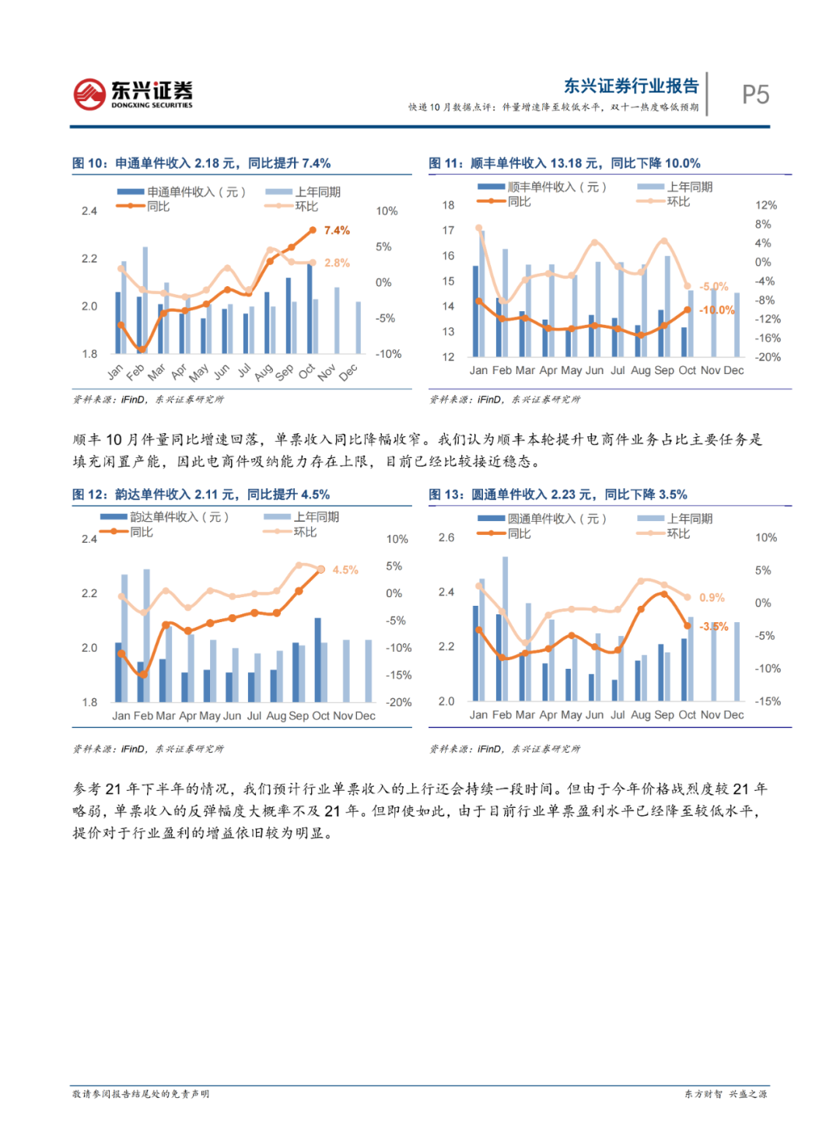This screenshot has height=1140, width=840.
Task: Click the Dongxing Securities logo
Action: point(133,94)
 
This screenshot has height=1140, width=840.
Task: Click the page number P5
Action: point(755,95)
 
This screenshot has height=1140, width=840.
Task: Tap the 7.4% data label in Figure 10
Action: point(337,230)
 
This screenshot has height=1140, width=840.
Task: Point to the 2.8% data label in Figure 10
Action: point(337,263)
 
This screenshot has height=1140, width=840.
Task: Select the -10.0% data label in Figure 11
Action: point(717,309)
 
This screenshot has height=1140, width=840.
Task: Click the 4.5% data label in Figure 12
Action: point(345,570)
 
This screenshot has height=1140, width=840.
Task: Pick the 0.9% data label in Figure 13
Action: point(712,597)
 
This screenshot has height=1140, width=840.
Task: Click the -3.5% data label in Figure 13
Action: point(714,626)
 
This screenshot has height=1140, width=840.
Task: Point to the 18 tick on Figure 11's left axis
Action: point(448,205)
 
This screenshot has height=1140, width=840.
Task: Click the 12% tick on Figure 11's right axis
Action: point(766,205)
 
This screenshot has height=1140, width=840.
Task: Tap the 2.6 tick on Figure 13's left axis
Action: point(446,537)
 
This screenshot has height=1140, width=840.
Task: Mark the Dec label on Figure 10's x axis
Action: point(348,372)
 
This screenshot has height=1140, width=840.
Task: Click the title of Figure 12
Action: point(201,495)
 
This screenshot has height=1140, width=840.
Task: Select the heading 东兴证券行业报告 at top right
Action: point(631,86)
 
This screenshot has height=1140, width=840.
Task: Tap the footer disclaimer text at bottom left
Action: point(141,1094)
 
